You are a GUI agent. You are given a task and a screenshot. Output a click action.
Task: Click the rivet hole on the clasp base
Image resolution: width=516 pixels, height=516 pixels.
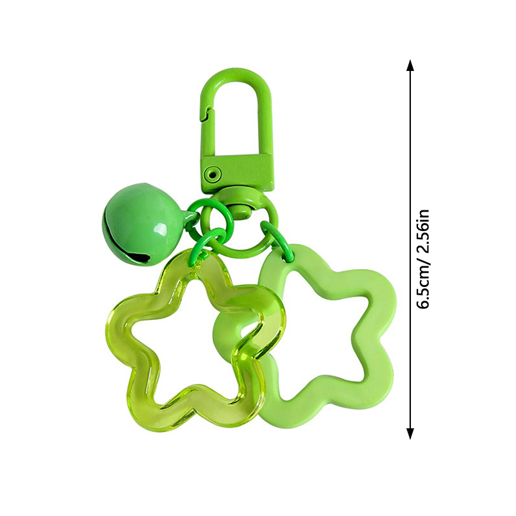[211, 172]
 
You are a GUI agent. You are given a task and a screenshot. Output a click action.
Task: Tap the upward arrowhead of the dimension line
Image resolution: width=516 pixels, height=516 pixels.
[410, 65]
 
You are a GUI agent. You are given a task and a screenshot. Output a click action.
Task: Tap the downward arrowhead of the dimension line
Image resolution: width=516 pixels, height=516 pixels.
[410, 433]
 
